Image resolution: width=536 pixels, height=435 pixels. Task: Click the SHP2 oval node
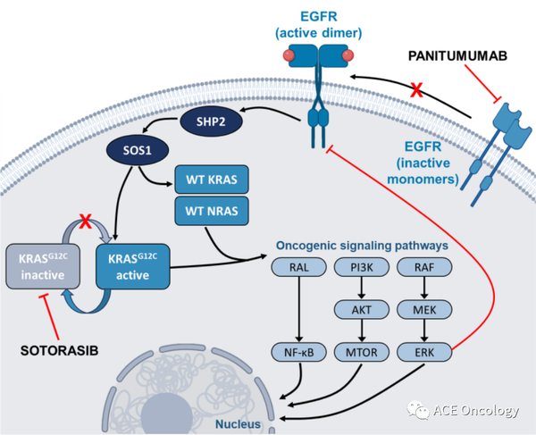pos(211,121)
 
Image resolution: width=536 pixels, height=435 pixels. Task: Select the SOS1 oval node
pos(138,150)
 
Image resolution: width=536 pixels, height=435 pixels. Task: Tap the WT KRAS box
pos(212,180)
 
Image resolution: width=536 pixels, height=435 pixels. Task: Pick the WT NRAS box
pos(212,211)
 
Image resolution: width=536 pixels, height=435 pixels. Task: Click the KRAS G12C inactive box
pos(43,266)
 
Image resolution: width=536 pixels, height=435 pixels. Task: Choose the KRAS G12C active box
pos(132,266)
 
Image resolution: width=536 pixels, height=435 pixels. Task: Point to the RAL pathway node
pos(298,267)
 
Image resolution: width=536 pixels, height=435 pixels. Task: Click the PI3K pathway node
pos(362,267)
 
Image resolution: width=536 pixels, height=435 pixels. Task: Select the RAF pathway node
pos(424,267)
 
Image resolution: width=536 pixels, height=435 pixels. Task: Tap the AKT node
pos(362,310)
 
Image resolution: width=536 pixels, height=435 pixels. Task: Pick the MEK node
pos(424,310)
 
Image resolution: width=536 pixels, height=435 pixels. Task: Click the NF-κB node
pos(298,352)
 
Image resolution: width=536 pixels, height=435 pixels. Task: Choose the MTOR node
pos(362,352)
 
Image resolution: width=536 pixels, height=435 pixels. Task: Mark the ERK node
pos(424,352)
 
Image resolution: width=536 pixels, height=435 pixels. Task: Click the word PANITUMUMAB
pos(457,56)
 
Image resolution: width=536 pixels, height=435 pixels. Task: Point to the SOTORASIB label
pos(60,351)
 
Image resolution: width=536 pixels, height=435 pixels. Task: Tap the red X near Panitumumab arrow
pos(416,90)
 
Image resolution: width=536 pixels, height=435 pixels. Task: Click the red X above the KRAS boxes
pos(86,222)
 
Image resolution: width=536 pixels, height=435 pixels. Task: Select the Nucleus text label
pos(238,424)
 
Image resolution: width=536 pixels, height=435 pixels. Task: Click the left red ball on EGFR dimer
pos(289,55)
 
